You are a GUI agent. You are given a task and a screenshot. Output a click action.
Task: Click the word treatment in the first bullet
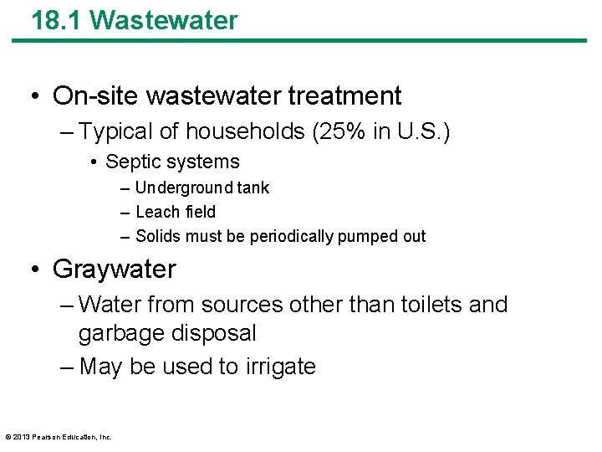pos(344,96)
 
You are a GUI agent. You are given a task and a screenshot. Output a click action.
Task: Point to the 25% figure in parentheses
pos(356,132)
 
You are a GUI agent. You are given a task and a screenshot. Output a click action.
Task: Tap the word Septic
pos(132,162)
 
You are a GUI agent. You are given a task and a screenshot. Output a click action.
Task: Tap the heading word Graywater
pos(115,270)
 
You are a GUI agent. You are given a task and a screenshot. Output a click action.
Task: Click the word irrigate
pos(280,367)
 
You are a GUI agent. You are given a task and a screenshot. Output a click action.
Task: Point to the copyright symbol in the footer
pos(8,437)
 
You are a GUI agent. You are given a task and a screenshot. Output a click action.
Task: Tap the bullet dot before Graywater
pos(36,270)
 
